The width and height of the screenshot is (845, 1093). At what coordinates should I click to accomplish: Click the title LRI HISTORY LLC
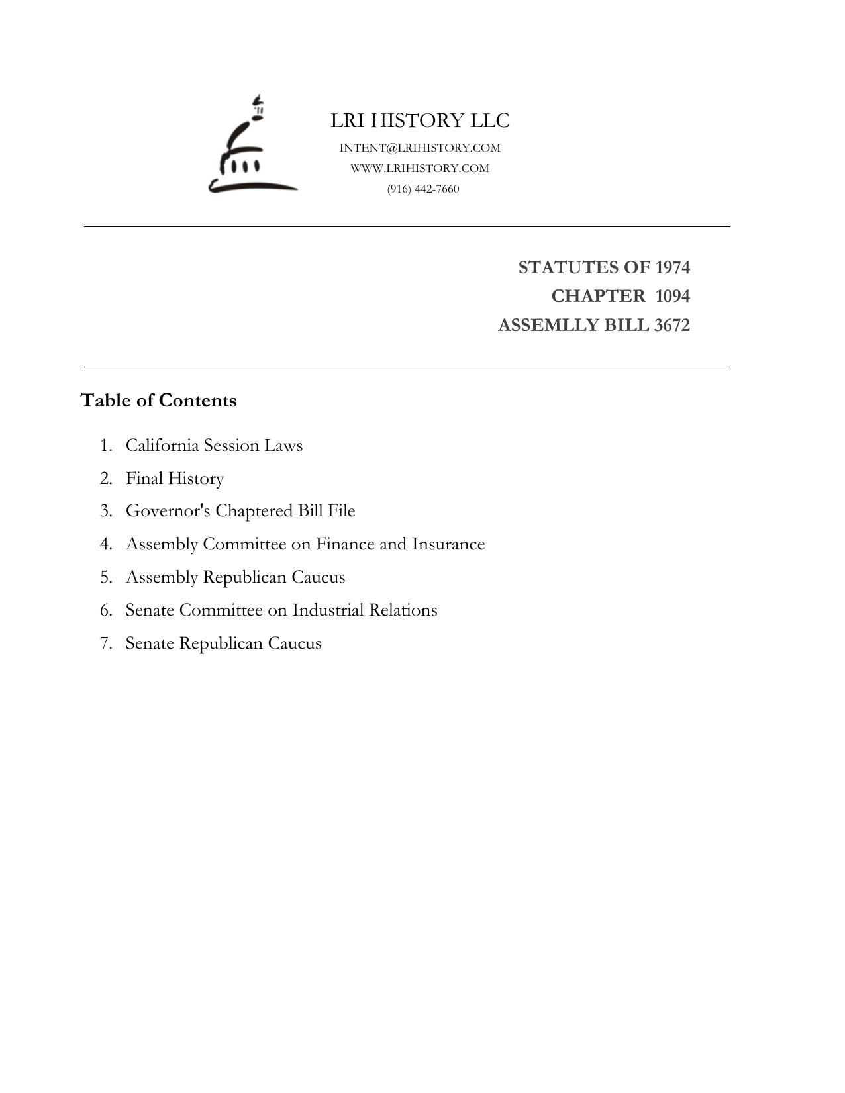pyautogui.click(x=420, y=121)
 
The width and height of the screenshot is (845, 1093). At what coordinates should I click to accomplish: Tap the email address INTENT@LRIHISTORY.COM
pyautogui.click(x=420, y=148)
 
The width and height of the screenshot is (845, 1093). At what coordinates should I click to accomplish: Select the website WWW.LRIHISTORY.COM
pyautogui.click(x=420, y=168)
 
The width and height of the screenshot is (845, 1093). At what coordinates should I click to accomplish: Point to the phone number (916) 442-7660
pyautogui.click(x=423, y=189)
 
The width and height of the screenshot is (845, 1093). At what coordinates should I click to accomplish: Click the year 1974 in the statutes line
pyautogui.click(x=672, y=267)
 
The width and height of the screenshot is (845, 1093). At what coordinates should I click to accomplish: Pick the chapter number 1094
pyautogui.click(x=672, y=296)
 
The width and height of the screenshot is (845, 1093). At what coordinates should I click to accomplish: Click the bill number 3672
pyautogui.click(x=671, y=326)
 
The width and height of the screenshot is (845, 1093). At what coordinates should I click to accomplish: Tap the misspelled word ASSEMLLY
pyautogui.click(x=542, y=326)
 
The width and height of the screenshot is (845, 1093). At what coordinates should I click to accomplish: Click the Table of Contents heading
pyautogui.click(x=158, y=401)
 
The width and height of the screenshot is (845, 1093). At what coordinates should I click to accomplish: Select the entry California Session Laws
pyautogui.click(x=214, y=446)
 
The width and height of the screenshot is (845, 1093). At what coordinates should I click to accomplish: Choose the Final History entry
pyautogui.click(x=175, y=479)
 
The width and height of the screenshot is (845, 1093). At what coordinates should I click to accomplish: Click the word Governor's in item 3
pyautogui.click(x=168, y=511)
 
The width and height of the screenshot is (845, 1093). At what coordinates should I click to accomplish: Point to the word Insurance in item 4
pyautogui.click(x=448, y=544)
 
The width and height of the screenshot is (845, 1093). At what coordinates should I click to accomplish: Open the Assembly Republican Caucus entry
pyautogui.click(x=235, y=577)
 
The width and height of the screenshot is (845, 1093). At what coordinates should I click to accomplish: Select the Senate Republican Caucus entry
pyautogui.click(x=223, y=643)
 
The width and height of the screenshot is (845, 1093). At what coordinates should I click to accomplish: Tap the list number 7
pyautogui.click(x=106, y=643)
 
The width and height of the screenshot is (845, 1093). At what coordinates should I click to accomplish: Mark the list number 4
pyautogui.click(x=106, y=544)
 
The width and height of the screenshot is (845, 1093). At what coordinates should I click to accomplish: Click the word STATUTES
pyautogui.click(x=562, y=267)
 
